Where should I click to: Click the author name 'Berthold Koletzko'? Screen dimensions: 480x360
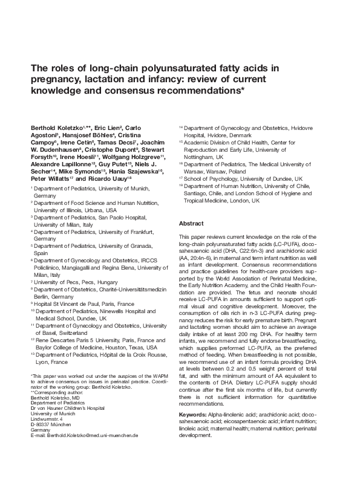[x=55, y=131]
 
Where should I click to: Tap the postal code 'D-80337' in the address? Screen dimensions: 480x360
[x=41, y=441]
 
